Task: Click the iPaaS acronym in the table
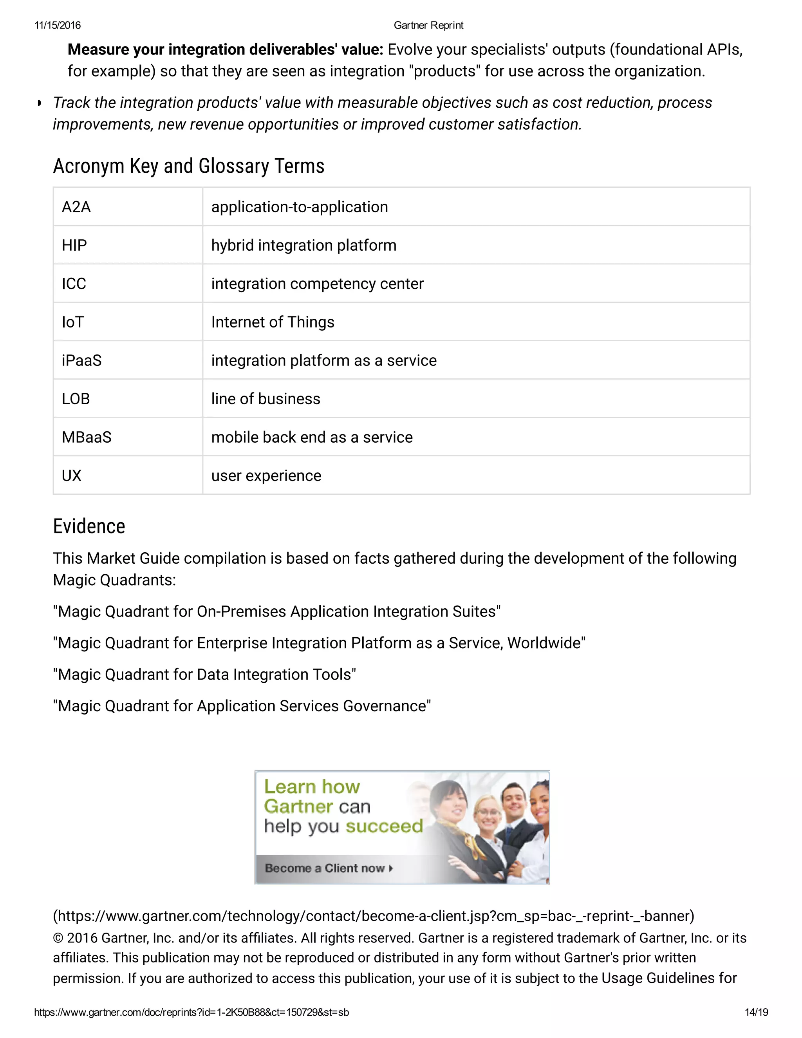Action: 82,360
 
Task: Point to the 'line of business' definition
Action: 266,399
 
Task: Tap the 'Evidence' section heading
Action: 89,526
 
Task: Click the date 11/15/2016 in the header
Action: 58,25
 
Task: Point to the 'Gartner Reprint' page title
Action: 428,25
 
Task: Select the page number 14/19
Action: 756,1012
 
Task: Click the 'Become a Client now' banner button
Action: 329,868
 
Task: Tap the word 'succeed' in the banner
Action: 384,826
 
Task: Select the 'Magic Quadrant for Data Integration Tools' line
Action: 204,675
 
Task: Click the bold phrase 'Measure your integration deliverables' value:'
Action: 225,49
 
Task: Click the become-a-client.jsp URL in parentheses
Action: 374,916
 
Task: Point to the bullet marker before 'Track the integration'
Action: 40,103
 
